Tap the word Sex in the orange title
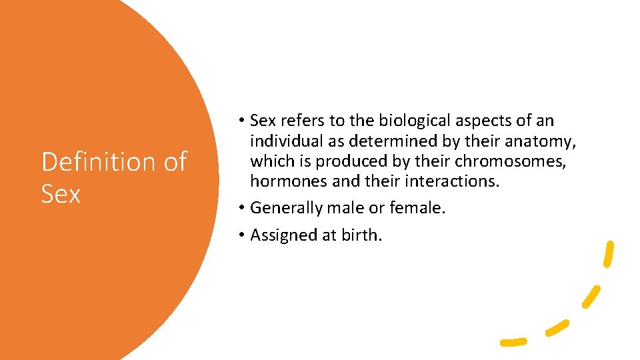[x=61, y=194]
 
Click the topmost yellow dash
[x=608, y=254]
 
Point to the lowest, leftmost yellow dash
[x=513, y=342]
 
